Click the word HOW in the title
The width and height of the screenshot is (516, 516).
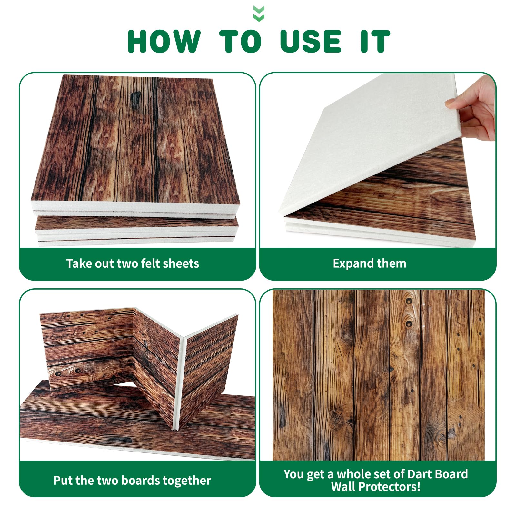[164, 41]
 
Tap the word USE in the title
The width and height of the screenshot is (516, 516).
[311, 41]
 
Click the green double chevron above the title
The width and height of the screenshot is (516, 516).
[259, 14]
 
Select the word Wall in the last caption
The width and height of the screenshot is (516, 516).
[343, 486]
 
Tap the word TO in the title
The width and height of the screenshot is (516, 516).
[240, 41]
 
